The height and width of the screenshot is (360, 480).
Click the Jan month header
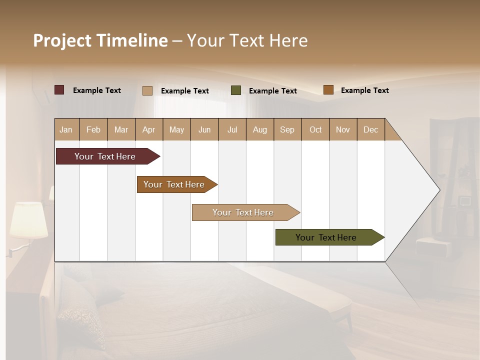coord(66,129)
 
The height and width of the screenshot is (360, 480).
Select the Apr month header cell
coord(149,129)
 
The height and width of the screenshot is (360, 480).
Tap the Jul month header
coord(232,129)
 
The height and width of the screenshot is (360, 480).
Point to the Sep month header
coord(287,129)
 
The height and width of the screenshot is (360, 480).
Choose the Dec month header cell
coord(370,129)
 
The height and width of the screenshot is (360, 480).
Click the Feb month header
coord(93,129)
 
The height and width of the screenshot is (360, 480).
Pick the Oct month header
coord(315,129)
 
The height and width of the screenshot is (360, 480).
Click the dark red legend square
coord(59,90)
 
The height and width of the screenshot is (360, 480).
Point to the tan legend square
coord(147,90)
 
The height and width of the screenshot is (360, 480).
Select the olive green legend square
coord(236,90)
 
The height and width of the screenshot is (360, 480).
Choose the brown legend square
coord(328,90)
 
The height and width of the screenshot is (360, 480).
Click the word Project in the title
coord(63,40)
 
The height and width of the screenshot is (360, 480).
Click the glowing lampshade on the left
coord(28,220)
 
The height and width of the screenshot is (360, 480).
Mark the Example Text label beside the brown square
coord(364,90)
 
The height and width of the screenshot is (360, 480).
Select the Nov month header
coord(343,129)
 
